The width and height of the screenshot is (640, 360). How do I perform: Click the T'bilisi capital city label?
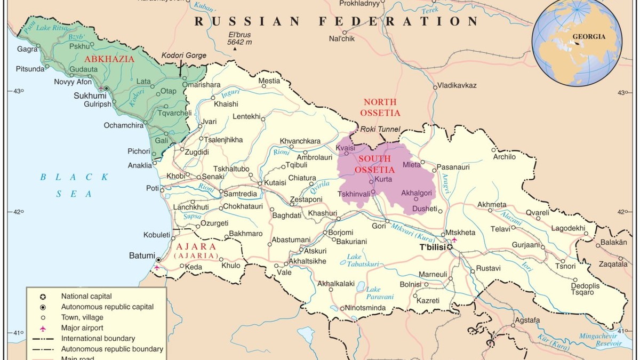pos(432,247)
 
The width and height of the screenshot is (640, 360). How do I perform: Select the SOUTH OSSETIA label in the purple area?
pos(374,164)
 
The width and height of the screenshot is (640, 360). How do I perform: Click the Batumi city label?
pos(142,255)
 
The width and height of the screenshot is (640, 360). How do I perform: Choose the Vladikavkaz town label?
pos(457,85)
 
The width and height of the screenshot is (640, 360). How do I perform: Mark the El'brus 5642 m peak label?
pos(235,37)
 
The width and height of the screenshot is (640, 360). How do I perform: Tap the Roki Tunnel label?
pos(379,129)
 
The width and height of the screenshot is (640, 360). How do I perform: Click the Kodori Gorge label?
pos(183,55)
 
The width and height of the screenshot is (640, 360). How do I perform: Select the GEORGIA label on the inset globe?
pos(589,37)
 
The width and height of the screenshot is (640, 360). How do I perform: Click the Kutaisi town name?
pos(275,182)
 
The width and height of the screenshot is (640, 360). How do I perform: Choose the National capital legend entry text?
pos(86,296)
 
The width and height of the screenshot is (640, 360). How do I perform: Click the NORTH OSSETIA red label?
pos(380,107)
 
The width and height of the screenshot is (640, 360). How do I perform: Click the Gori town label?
pos(379,226)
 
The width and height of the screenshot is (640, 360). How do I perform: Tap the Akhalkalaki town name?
pos(336,284)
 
